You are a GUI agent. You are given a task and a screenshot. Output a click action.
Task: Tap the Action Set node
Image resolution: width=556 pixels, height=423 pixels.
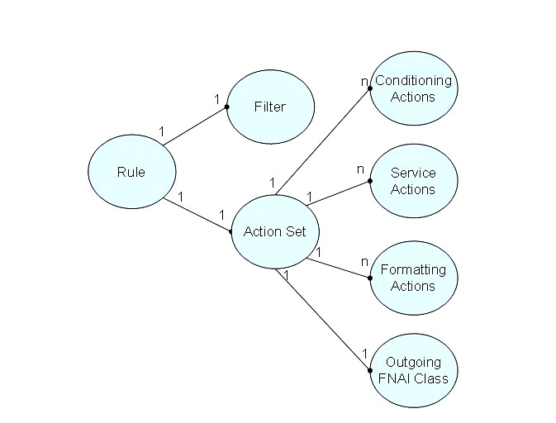pos(274,231)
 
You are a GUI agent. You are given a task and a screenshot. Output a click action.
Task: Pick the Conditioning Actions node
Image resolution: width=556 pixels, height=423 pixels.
pos(413,88)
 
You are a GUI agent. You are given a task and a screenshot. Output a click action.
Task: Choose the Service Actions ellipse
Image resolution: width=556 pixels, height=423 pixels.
pos(412,181)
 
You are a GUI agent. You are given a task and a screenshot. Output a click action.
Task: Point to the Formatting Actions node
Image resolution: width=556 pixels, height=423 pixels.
pos(412,278)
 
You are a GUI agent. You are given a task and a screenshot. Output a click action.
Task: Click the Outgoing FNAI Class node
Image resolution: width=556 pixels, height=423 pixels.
pos(412,370)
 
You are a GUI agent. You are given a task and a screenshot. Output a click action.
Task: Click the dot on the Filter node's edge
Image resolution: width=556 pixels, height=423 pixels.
pos(226,107)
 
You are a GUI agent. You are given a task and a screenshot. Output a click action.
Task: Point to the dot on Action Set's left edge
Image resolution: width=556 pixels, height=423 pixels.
pos(230,232)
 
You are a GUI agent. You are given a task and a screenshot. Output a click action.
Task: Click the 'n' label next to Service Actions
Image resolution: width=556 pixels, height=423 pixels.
pos(360,169)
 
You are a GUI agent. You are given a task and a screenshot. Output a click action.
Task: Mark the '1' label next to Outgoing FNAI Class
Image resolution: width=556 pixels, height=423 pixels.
pos(364,354)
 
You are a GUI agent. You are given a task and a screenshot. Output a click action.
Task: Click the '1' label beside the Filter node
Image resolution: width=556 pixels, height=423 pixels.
pos(217,99)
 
